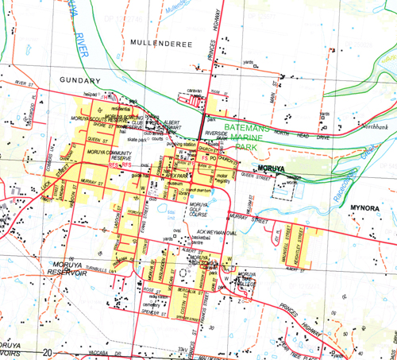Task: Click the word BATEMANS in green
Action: (250, 126)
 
